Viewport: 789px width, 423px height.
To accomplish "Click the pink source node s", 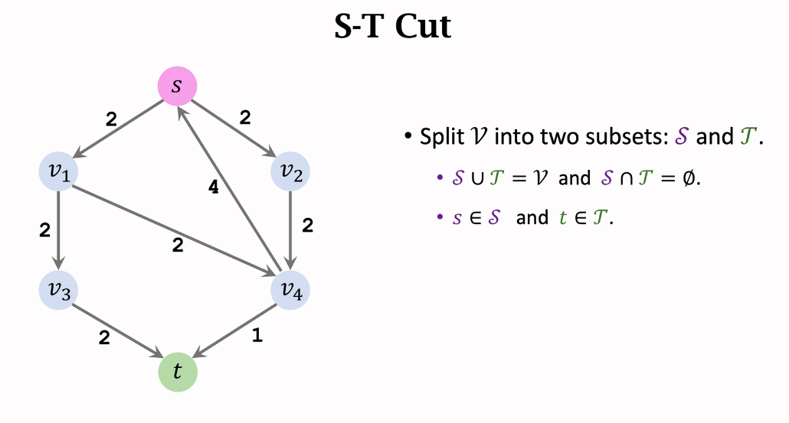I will pos(177,86).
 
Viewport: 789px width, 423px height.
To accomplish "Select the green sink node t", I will pos(177,372).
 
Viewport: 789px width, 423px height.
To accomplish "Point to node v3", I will pos(59,291).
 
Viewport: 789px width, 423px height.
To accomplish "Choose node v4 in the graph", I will pos(290,291).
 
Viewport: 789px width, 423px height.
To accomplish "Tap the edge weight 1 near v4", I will pos(257,334).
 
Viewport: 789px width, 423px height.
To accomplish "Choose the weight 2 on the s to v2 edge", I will pos(245,118).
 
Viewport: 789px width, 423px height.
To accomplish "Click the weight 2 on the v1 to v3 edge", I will pos(44,229).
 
